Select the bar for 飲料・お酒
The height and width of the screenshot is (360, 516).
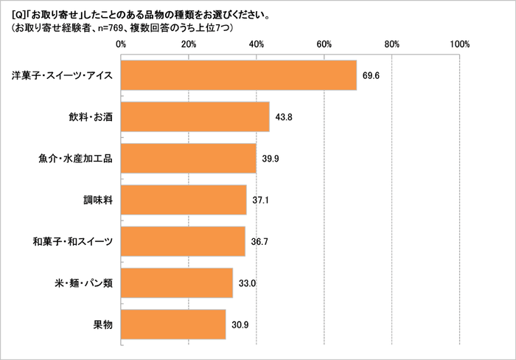click(195, 117)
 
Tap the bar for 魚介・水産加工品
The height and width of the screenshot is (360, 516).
click(188, 158)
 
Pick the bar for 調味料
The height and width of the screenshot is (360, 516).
click(184, 200)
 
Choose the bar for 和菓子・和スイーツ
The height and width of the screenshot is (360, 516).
click(183, 241)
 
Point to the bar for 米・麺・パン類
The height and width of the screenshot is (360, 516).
click(176, 283)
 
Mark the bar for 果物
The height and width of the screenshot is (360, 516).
click(173, 324)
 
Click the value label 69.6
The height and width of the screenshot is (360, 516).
click(371, 75)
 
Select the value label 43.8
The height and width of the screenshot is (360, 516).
click(283, 117)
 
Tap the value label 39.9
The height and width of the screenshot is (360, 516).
click(270, 158)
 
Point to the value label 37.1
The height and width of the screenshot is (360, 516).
click(260, 200)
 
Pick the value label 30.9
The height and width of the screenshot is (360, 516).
click(240, 324)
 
